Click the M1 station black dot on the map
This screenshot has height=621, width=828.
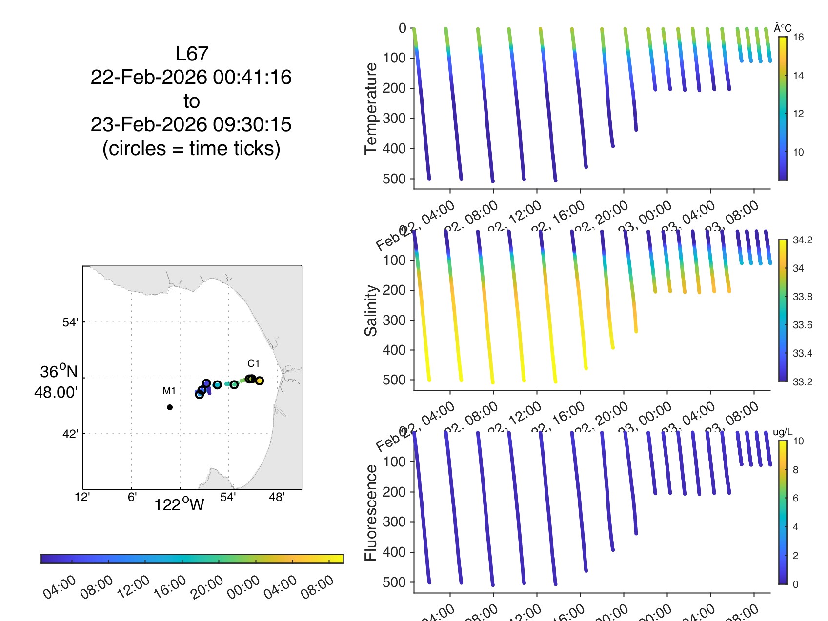click(170, 407)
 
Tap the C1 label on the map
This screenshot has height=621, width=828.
click(253, 363)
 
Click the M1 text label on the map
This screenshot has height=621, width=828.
click(169, 391)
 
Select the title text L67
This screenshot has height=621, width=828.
click(192, 54)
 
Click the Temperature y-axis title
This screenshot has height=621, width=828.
click(371, 108)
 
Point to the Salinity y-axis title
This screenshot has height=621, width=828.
click(371, 310)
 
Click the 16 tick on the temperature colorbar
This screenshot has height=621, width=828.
click(798, 37)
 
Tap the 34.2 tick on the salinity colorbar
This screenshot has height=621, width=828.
click(802, 240)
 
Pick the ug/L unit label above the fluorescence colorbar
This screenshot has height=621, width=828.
click(783, 432)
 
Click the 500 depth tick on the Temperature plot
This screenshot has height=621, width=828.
click(394, 179)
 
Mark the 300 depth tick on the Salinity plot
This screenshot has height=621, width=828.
click(394, 320)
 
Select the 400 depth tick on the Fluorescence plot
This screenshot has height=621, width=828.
click(394, 552)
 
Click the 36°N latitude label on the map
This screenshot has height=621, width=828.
click(59, 372)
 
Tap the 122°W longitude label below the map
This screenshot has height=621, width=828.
click(179, 504)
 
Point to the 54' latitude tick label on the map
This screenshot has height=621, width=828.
click(70, 322)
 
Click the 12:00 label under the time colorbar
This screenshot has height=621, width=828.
click(133, 586)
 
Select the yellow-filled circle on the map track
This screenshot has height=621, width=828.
click(259, 381)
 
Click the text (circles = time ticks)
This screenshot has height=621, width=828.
click(191, 148)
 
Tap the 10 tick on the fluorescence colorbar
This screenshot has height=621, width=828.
click(798, 441)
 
